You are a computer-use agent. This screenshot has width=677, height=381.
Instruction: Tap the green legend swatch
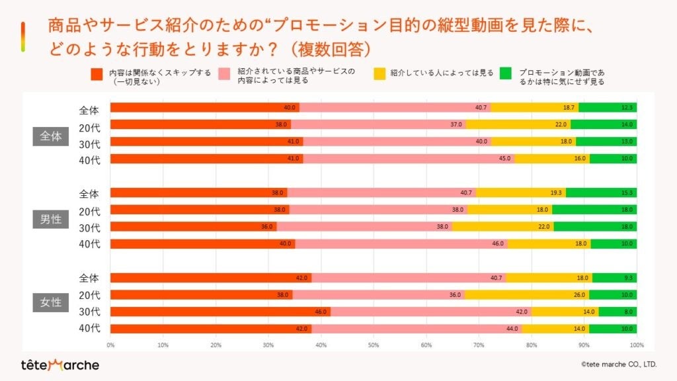(x=506, y=73)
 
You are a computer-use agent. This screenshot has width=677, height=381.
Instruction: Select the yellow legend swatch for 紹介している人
(x=379, y=73)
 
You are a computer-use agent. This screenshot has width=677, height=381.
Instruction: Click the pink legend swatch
(x=224, y=73)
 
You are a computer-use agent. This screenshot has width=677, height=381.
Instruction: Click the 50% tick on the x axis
(x=374, y=345)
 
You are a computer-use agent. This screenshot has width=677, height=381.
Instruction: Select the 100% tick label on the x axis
(x=636, y=345)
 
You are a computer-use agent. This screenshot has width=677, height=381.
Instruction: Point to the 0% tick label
(x=110, y=345)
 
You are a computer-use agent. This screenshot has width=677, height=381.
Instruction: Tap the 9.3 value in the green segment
(x=627, y=278)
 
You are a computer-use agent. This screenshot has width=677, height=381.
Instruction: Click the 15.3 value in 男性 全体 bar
(x=627, y=192)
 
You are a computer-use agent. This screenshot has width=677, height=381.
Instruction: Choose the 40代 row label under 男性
(x=89, y=244)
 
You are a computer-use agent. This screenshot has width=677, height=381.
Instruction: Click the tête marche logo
(x=60, y=364)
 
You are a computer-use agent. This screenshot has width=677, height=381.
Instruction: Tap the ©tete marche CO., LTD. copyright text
(x=618, y=364)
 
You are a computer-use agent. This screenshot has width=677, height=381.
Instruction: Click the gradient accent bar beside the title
(x=23, y=36)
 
